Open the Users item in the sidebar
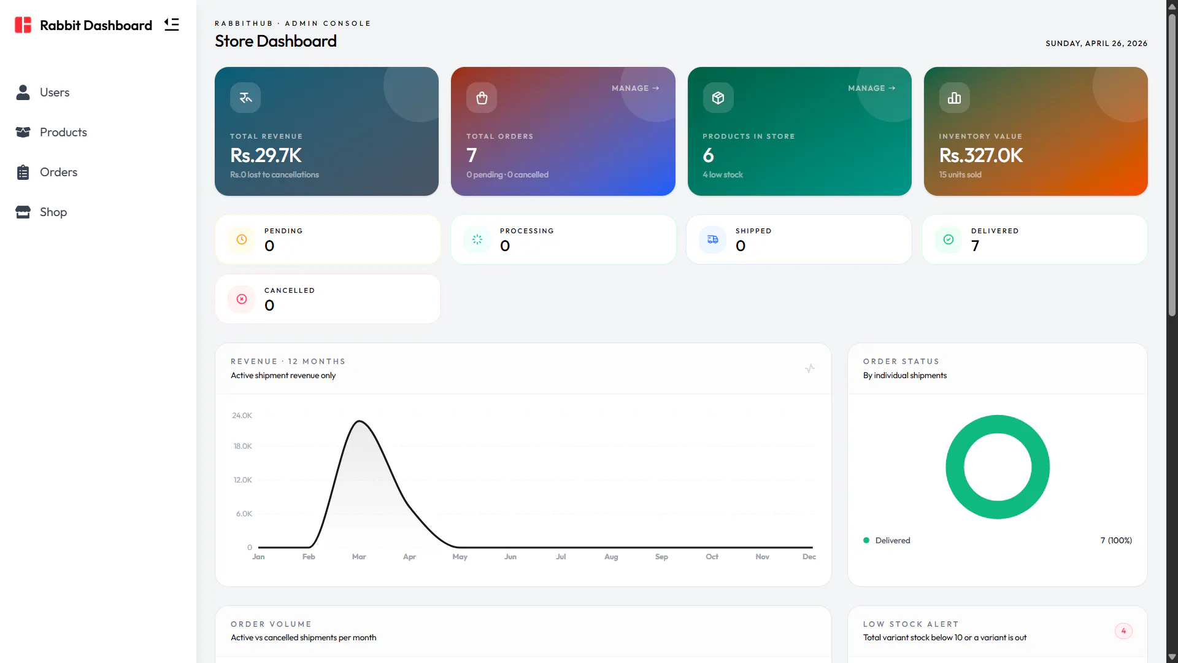coord(42,92)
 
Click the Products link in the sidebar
coord(51,132)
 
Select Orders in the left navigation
coord(46,172)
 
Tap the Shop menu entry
coord(41,212)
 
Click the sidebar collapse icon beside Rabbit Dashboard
coord(172,25)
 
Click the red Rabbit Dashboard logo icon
coord(23,25)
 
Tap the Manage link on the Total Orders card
coord(635,88)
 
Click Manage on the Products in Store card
coord(871,88)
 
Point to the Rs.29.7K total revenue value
coord(266,155)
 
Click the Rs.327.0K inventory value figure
coord(980,155)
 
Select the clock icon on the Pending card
coord(242,239)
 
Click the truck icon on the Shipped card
coord(713,239)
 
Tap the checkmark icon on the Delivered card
coord(949,239)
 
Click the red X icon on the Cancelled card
coord(242,299)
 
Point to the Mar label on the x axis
coord(359,557)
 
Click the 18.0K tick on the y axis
coord(243,446)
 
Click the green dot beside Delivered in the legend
coord(866,540)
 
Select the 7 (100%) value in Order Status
coord(1116,540)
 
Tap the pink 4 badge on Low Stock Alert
coord(1123,631)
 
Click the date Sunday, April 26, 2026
coord(1096,44)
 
